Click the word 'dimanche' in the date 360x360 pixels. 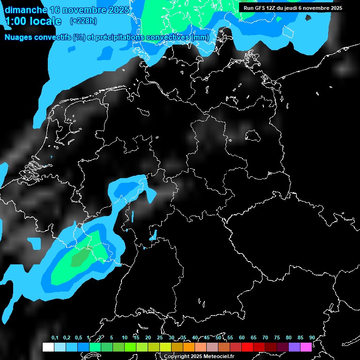point(26,9)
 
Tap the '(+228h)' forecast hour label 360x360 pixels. point(83,21)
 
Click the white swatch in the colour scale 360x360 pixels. point(48,347)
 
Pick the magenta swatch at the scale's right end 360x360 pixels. point(306,347)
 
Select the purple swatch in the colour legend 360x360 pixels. point(294,347)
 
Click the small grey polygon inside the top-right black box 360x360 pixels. point(308,18)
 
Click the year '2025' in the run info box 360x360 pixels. point(333,8)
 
